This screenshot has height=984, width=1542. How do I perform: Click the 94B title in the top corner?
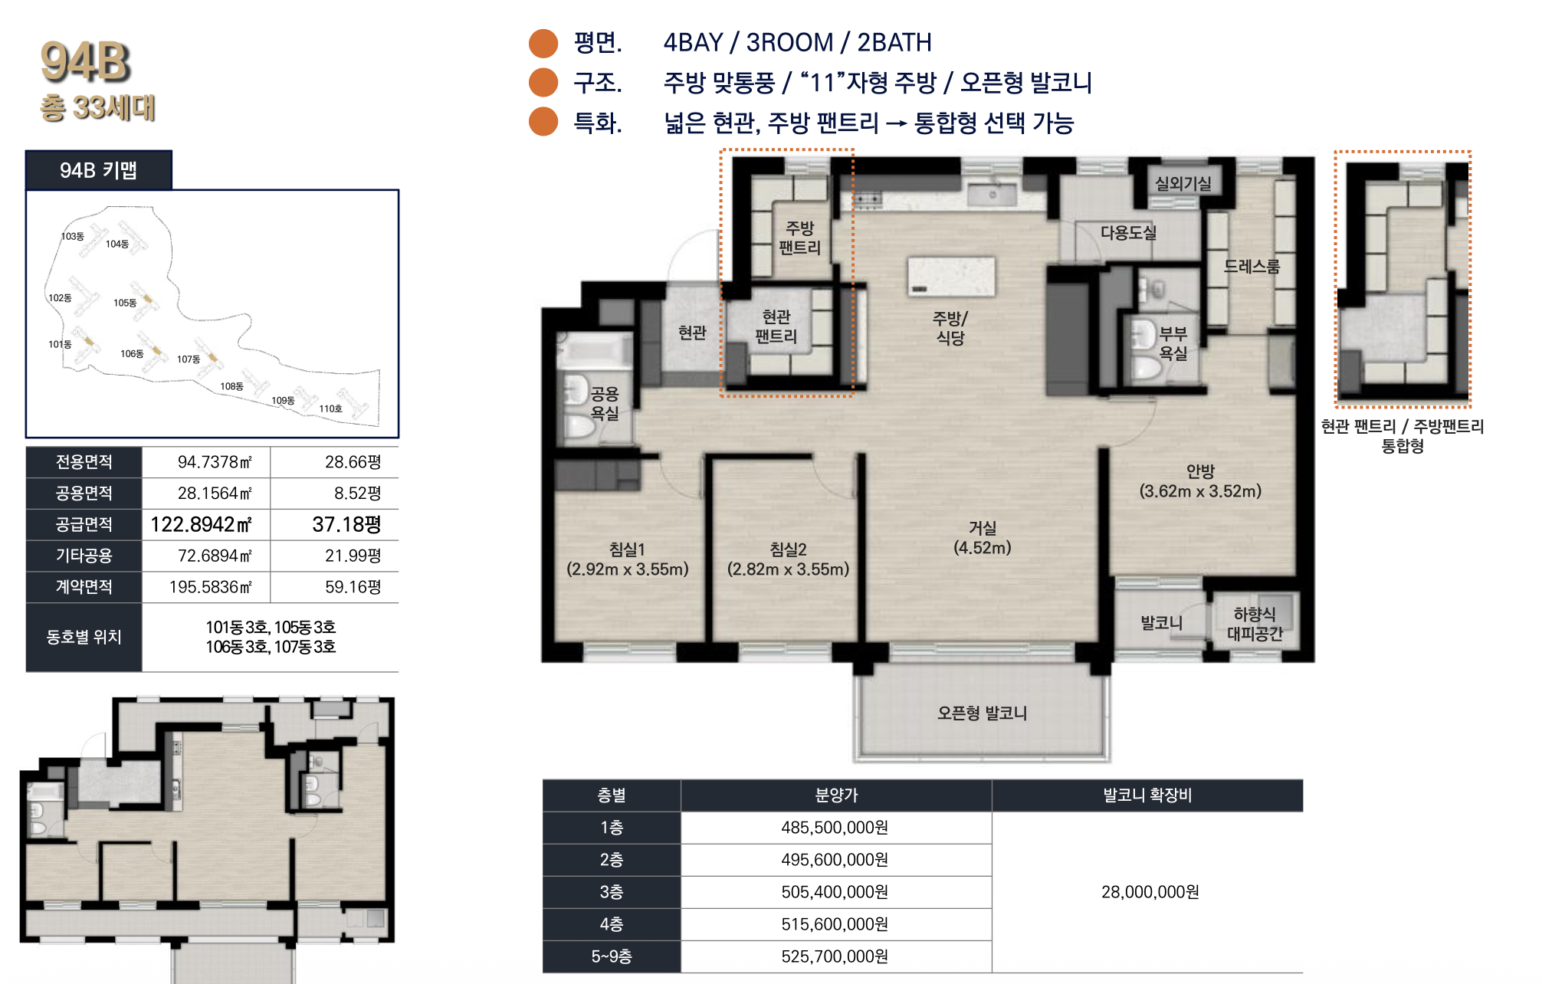point(85,62)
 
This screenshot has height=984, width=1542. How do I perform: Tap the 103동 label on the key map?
point(73,236)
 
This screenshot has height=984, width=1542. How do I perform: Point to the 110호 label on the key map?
point(330,408)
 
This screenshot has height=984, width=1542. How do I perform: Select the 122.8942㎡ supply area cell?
point(201,524)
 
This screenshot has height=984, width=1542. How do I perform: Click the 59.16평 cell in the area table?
point(353,587)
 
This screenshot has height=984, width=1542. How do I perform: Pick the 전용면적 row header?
point(84,461)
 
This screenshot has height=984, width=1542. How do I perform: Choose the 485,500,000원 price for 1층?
point(835,828)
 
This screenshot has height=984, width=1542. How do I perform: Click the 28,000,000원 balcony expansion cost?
point(1150,892)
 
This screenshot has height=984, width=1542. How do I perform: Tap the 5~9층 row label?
point(612,956)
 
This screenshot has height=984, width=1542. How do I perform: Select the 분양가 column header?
point(836,795)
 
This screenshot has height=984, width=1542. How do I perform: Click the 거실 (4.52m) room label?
point(983,537)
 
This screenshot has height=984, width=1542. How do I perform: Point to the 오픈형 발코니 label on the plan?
point(982,713)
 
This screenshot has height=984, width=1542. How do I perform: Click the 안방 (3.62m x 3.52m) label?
point(1200,481)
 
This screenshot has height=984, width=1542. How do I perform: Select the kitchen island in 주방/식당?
point(951,277)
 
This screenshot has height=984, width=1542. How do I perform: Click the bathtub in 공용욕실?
point(593,352)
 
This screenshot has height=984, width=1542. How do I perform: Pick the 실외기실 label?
point(1183,183)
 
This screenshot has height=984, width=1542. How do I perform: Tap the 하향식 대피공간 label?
point(1255,624)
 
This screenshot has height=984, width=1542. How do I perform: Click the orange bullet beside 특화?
point(543,122)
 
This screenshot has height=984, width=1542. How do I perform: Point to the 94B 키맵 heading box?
point(99,170)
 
